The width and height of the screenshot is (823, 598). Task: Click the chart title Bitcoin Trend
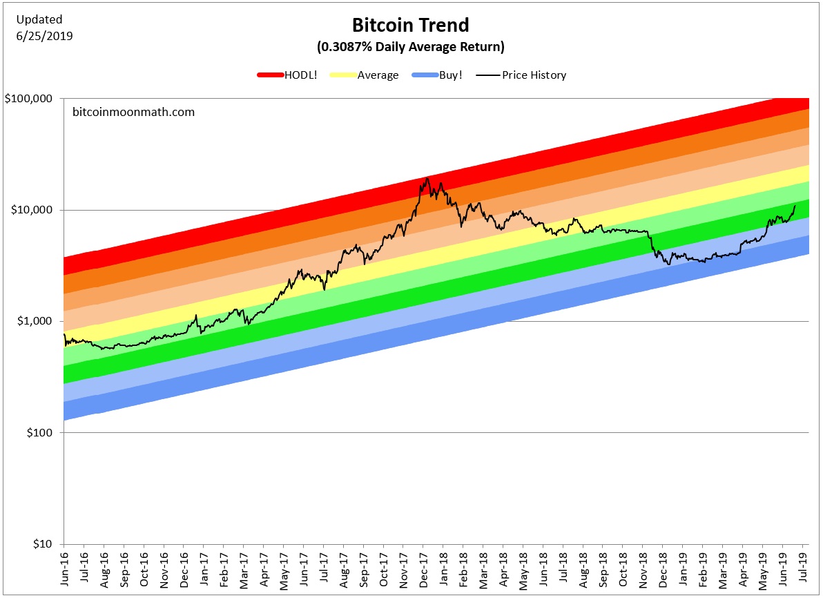(411, 26)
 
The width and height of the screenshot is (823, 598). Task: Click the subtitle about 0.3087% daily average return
(411, 48)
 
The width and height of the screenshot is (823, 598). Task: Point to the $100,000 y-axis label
(29, 98)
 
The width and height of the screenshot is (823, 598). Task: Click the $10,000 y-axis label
(32, 210)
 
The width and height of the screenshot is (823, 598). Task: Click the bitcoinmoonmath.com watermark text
(133, 111)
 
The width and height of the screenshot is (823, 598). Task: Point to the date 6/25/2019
(44, 35)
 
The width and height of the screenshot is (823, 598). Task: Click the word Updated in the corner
(39, 19)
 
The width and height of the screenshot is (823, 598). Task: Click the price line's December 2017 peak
(428, 178)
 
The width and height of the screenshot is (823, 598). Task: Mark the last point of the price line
(795, 205)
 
